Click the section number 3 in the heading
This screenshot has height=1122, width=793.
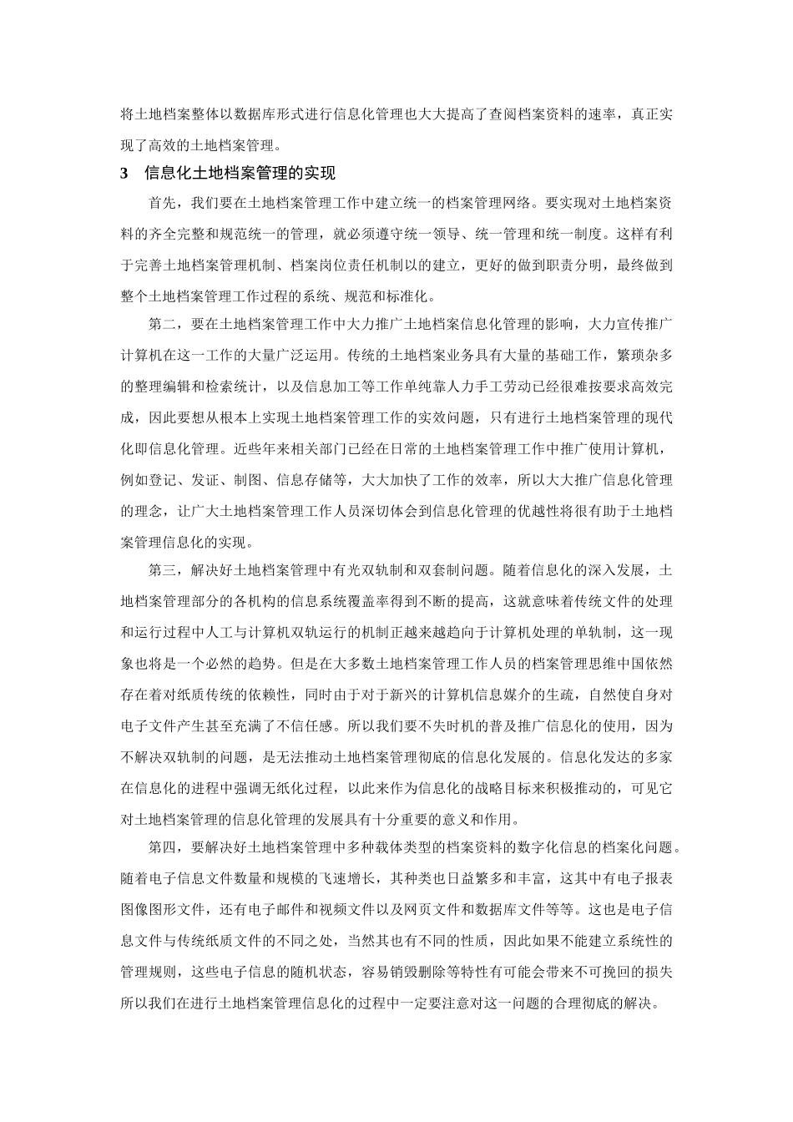(x=125, y=174)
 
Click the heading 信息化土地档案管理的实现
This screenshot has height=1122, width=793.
(x=240, y=174)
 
